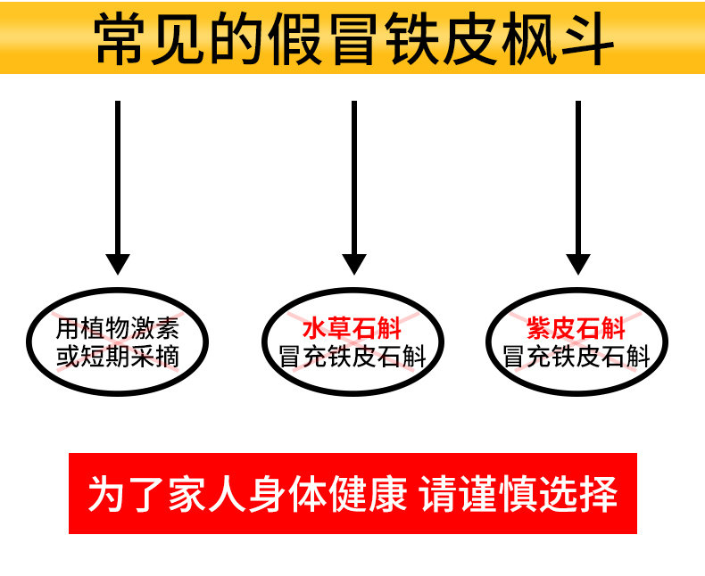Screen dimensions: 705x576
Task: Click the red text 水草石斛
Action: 353,328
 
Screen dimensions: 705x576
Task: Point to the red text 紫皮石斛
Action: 576,328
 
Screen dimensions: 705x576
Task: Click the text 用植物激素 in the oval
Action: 118,327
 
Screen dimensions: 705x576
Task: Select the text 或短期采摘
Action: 118,357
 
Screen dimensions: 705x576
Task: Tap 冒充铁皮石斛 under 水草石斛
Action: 353,358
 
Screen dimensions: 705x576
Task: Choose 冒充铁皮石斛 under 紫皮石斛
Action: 576,358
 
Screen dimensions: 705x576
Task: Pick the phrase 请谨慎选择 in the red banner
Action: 518,494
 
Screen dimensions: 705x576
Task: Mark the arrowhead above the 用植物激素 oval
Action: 118,264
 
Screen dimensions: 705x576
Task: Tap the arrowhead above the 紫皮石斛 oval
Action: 578,264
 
